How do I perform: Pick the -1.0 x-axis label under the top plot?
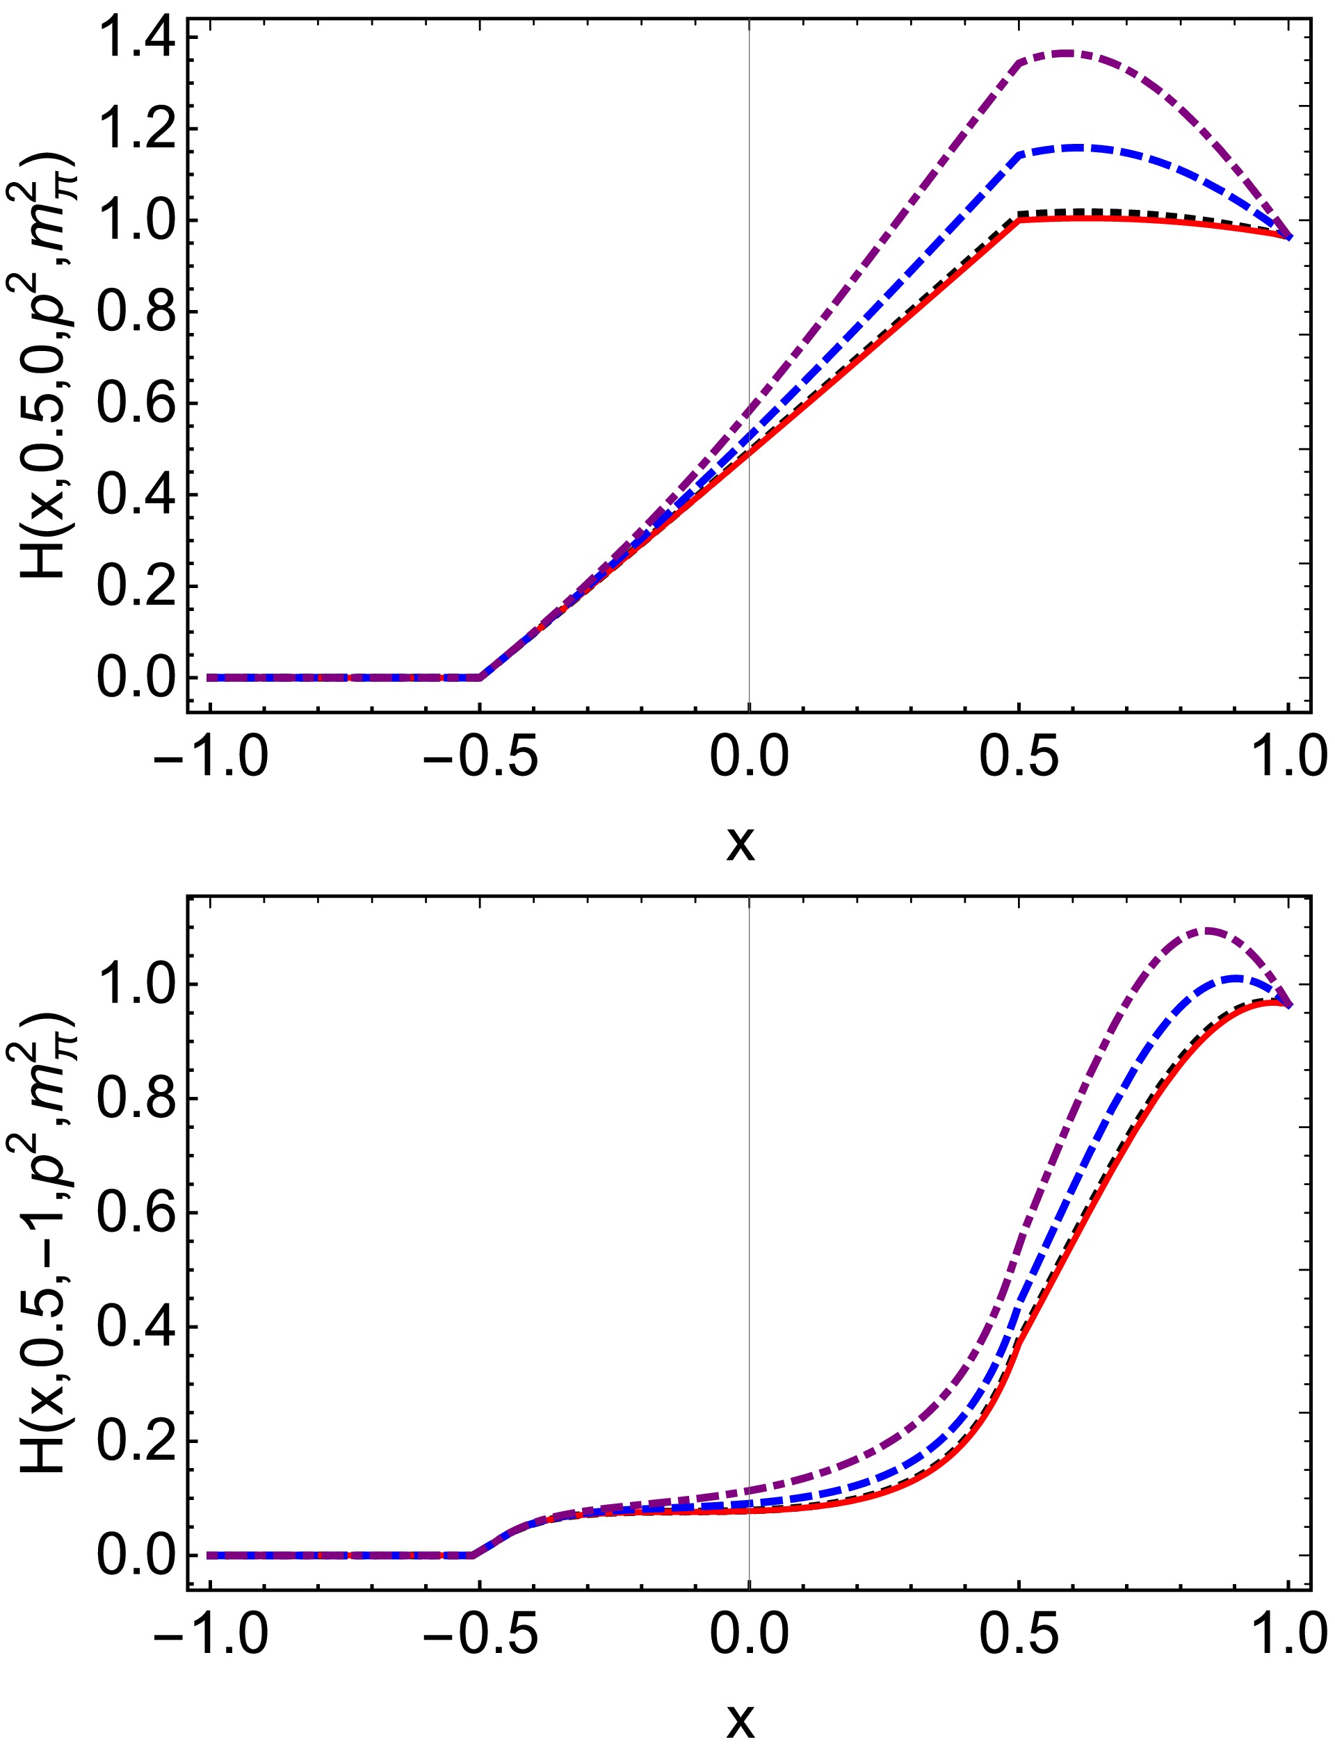[x=210, y=758]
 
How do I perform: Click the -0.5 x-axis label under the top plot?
[x=480, y=758]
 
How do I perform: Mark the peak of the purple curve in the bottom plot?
[x=1208, y=930]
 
